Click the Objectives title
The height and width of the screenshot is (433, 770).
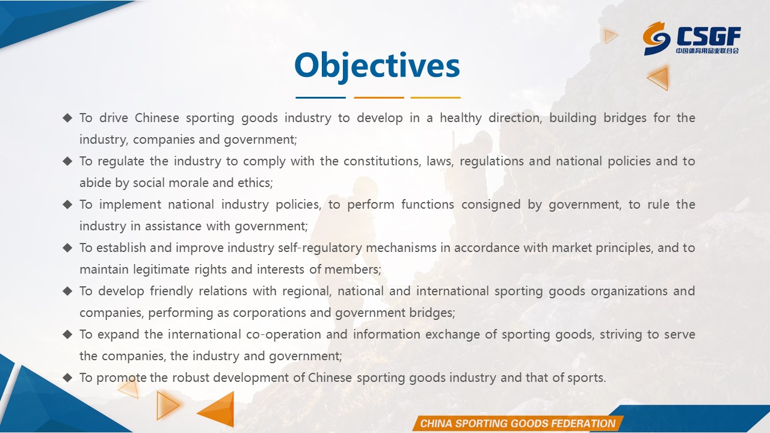pos(377,66)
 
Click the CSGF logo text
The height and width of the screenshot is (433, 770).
pos(709,37)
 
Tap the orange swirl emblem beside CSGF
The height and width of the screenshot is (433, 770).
pos(656,38)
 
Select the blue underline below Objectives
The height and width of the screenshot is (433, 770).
pos(321,97)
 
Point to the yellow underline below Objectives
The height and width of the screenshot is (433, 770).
pos(436,97)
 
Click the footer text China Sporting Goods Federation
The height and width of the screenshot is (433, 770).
pos(518,423)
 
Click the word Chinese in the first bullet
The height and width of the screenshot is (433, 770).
pos(157,118)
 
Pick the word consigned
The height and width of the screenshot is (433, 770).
pos(491,205)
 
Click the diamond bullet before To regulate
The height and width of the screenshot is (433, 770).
pos(68,161)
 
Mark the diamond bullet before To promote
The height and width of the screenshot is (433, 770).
pos(68,377)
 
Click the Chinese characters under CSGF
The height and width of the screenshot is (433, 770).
pos(707,51)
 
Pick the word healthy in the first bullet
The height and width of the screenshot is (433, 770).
pos(461,118)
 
